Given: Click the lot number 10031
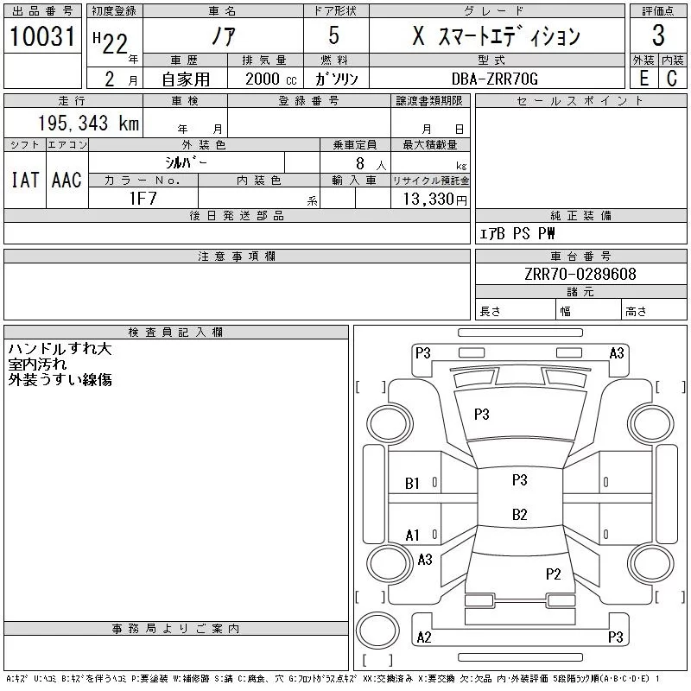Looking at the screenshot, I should [42, 36].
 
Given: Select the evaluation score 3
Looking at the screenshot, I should [658, 36].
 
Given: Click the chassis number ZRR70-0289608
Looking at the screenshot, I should [580, 274].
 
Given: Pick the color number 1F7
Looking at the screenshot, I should [143, 198].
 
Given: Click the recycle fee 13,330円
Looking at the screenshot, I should [429, 199].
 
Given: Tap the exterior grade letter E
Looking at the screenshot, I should [643, 79].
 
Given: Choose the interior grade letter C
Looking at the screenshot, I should [672, 79].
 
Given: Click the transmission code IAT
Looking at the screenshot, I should [24, 180].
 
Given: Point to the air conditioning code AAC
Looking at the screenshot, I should [67, 180].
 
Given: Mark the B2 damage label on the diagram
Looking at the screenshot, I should [519, 515].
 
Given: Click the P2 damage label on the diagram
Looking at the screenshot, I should [554, 574].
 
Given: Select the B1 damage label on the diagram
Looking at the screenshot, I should [413, 484].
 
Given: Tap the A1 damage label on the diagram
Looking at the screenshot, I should [413, 536].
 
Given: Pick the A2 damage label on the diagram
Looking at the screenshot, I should [424, 637].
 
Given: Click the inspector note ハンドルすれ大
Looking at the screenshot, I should [60, 350].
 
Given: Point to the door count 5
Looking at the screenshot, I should [334, 36].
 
